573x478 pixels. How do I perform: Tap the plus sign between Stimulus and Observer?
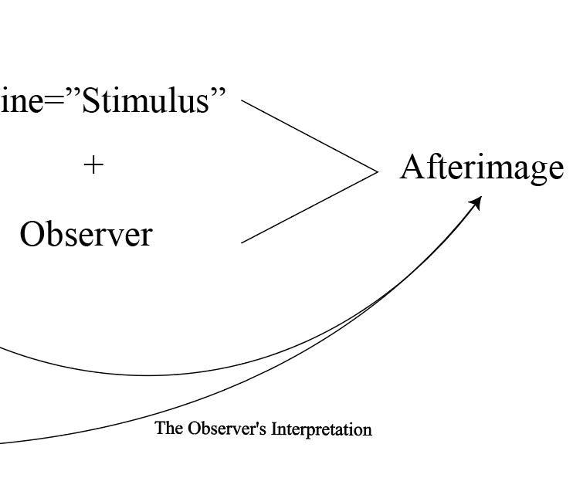[93, 164]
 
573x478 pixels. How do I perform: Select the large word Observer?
[86, 235]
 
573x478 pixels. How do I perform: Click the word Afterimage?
[481, 168]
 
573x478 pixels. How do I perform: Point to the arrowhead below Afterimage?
[476, 203]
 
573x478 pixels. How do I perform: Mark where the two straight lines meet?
[378, 171]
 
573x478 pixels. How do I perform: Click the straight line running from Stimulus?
[309, 135]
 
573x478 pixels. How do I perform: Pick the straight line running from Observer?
[309, 207]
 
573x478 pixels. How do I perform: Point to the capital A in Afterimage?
[412, 167]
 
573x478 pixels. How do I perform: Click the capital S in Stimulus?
[91, 101]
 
